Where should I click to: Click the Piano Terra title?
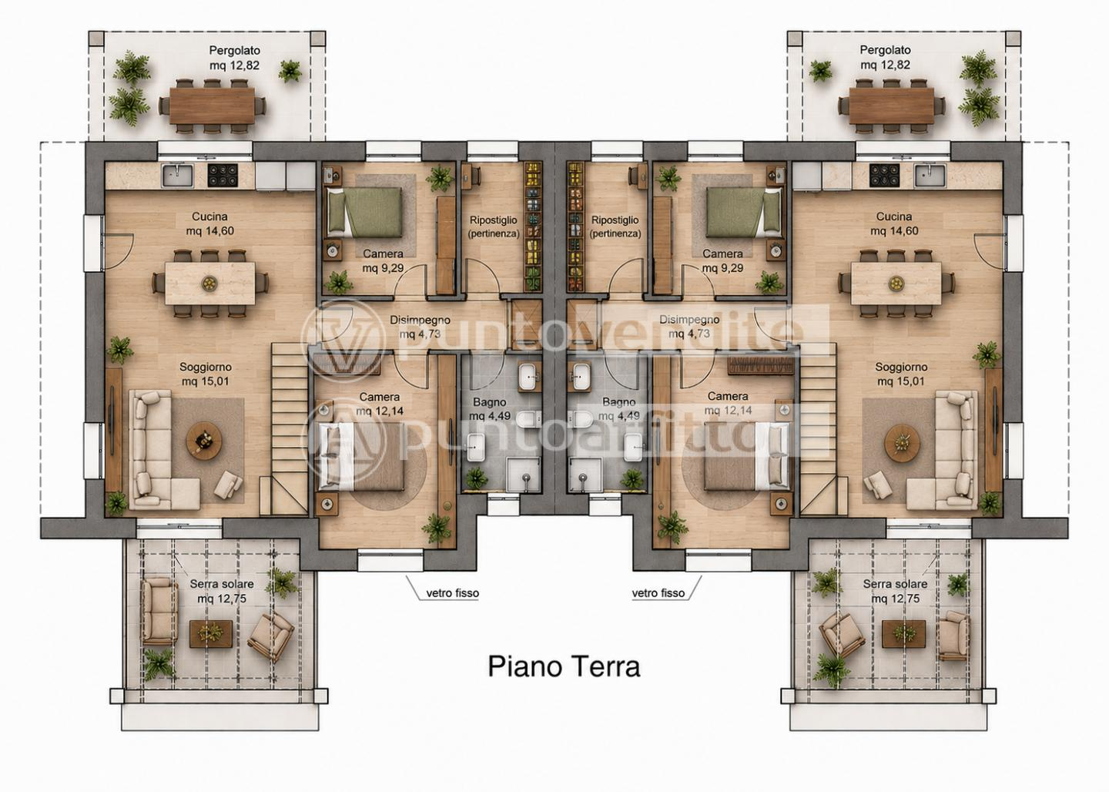(x=564, y=666)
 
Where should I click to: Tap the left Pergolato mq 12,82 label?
(x=234, y=58)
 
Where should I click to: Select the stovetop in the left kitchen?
(x=223, y=176)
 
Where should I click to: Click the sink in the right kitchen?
(x=930, y=176)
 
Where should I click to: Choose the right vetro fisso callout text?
(x=658, y=593)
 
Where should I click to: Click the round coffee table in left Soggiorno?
(x=204, y=441)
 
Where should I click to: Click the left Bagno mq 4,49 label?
(x=490, y=409)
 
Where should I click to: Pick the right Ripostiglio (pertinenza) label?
(x=615, y=227)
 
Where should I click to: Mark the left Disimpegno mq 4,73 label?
(x=420, y=327)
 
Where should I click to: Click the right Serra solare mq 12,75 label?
(x=895, y=591)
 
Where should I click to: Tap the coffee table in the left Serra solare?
(x=211, y=633)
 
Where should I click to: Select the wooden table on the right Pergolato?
(x=892, y=106)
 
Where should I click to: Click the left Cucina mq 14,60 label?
(x=210, y=224)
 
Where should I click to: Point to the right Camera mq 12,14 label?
(x=728, y=403)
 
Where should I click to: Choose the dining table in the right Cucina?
(x=896, y=284)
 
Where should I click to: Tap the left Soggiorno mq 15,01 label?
(x=206, y=374)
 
